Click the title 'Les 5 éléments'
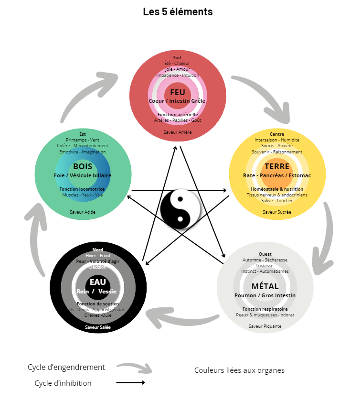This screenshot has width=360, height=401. click(178, 12)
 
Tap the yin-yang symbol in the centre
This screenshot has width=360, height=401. click(180, 211)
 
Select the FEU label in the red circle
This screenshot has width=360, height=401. click(177, 92)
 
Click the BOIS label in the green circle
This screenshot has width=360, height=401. click(83, 167)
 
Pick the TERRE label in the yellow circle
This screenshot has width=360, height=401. click(277, 167)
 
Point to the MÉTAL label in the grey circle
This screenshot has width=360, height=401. click(265, 286)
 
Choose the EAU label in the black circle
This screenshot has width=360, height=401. click(97, 282)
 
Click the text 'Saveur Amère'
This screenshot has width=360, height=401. click(177, 132)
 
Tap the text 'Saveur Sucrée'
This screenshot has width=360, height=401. click(277, 211)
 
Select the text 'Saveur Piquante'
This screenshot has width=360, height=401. click(265, 326)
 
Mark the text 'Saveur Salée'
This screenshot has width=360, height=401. click(97, 327)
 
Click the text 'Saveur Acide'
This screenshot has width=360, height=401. click(83, 211)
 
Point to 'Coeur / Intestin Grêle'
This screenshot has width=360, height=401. click(177, 101)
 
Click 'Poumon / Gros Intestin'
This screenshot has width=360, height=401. click(265, 295)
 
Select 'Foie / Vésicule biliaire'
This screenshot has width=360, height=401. click(83, 175)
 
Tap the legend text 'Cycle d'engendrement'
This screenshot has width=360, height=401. click(66, 367)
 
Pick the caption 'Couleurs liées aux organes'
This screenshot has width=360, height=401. click(239, 370)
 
